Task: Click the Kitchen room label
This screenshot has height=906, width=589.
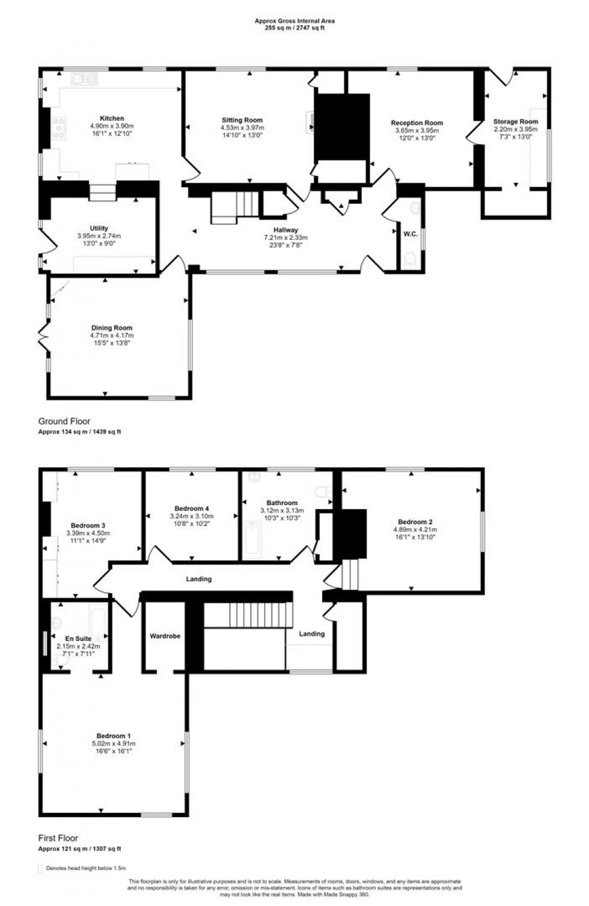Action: (112, 118)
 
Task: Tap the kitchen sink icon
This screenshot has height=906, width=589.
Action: (84, 78)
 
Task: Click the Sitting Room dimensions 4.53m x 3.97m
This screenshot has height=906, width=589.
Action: (242, 128)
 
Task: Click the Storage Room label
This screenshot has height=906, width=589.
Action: (515, 121)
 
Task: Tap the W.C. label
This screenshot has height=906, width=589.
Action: (410, 234)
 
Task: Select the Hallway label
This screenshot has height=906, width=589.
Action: (285, 230)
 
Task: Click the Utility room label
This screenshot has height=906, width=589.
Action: (99, 228)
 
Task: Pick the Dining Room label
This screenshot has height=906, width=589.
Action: (112, 328)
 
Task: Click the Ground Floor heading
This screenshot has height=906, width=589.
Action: (64, 421)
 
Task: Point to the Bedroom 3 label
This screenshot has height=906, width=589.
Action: (88, 525)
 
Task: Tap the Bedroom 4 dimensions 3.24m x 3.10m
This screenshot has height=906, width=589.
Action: (192, 516)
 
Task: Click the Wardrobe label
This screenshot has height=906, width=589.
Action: (165, 635)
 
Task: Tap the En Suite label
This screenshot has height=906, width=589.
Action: (79, 638)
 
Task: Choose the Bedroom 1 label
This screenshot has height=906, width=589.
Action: (114, 736)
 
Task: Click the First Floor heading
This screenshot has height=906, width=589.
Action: (58, 838)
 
